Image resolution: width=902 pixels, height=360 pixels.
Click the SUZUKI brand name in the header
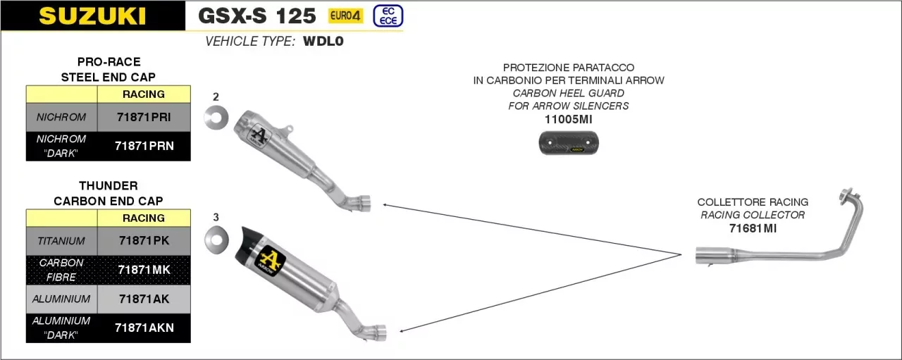click(92, 15)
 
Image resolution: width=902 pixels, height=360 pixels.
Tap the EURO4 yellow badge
click(346, 15)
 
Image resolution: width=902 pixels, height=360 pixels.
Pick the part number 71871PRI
click(144, 117)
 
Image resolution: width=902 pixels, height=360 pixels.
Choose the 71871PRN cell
click(144, 146)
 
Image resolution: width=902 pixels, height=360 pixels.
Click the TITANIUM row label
click(61, 241)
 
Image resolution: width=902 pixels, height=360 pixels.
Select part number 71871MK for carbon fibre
click(144, 269)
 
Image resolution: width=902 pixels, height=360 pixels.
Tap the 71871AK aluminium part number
click(144, 299)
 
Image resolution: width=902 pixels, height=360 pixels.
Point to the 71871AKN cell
click(144, 328)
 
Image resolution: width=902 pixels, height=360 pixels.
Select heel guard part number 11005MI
click(568, 120)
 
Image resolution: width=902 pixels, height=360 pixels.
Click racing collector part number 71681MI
click(753, 228)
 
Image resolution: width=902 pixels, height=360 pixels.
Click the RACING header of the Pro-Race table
click(144, 94)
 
